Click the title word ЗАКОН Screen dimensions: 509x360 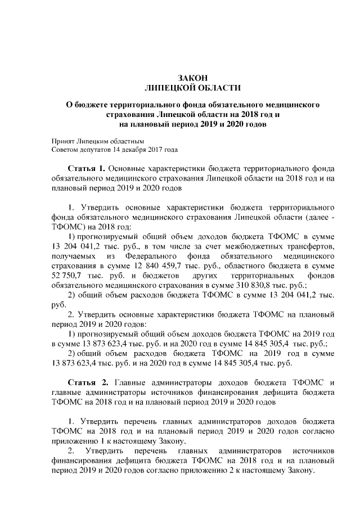[193, 78]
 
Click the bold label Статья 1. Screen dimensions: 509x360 [86, 168]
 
